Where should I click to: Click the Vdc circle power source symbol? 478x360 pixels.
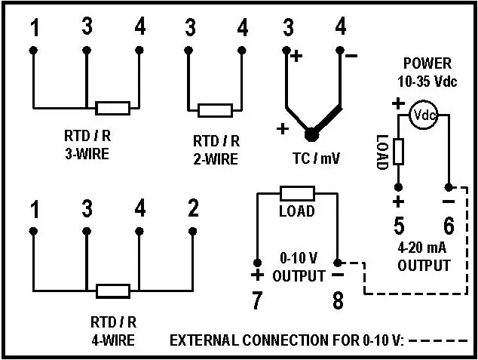(424, 115)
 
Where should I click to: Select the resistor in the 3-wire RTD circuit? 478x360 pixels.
(113, 107)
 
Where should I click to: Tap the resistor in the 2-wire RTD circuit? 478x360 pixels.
(213, 110)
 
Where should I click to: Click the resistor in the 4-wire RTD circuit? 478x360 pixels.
(113, 291)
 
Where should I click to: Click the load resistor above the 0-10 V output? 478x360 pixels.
(296, 193)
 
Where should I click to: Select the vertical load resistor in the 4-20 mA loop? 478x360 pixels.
(398, 152)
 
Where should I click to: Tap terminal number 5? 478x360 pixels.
(399, 225)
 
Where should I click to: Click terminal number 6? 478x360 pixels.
(449, 225)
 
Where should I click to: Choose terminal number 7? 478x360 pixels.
(257, 300)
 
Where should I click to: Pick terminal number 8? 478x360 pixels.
(338, 300)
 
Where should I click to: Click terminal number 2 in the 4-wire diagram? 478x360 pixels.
(193, 209)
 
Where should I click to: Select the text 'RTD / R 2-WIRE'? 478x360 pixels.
(216, 149)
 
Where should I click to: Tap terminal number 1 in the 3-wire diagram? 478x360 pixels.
(35, 28)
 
